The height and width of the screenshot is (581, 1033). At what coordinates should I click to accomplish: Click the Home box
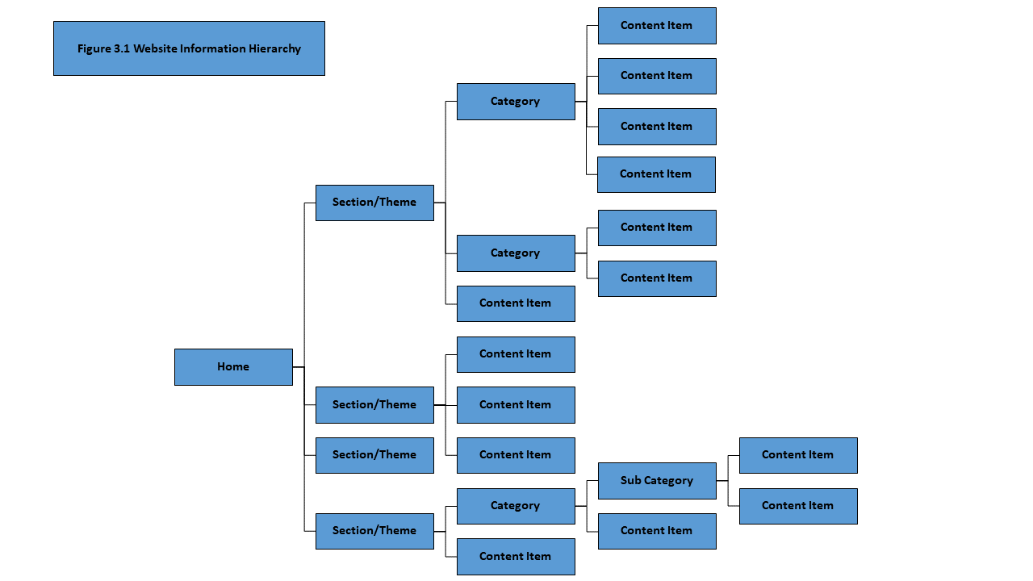pos(233,367)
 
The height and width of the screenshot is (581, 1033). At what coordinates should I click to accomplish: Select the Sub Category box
pos(657,481)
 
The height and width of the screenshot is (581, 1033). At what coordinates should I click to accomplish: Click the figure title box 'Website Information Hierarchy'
pos(189,48)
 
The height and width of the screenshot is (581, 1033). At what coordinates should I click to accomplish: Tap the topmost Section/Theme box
pos(374,203)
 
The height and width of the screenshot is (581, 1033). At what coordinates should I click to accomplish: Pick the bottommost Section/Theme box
pos(374,531)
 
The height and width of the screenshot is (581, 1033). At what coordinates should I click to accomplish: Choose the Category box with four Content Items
pos(516,102)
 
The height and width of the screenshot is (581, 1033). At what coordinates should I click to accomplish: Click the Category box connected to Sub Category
pos(516,506)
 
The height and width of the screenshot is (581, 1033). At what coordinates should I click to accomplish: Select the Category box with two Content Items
pos(516,253)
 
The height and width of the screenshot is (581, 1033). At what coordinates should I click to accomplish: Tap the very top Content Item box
pos(657,26)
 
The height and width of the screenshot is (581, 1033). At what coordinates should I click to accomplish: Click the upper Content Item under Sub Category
pos(798,455)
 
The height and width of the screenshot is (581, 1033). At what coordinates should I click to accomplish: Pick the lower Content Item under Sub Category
pos(798,506)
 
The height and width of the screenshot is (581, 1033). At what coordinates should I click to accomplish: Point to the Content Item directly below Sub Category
pos(657,531)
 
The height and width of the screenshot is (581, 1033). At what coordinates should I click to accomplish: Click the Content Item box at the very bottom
pos(516,557)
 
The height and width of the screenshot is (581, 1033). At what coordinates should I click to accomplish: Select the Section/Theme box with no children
pos(374,455)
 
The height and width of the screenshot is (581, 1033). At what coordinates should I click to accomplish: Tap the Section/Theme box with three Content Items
pos(374,405)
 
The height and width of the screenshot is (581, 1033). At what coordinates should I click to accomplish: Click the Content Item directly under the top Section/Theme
pos(516,303)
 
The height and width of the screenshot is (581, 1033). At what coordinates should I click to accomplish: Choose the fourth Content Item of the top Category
pos(656,174)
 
